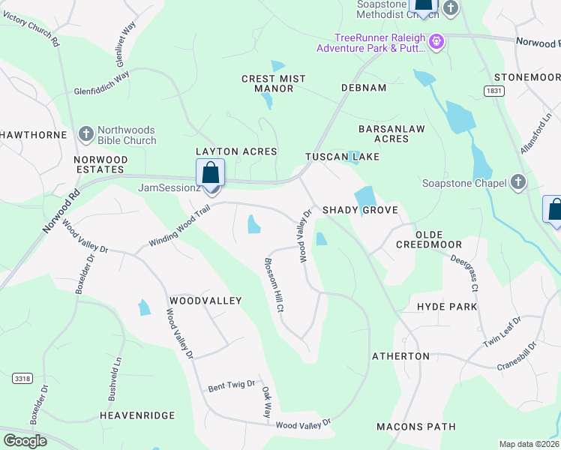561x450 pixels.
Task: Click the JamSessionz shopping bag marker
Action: pyautogui.click(x=211, y=173)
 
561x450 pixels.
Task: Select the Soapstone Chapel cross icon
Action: pyautogui.click(x=517, y=181)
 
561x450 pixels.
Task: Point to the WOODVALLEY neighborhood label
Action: pyautogui.click(x=205, y=301)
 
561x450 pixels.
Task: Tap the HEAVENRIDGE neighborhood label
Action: pyautogui.click(x=137, y=415)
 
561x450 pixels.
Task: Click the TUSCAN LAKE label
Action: pyautogui.click(x=342, y=157)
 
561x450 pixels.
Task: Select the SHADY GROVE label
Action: pyautogui.click(x=360, y=210)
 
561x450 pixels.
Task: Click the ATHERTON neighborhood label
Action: pyautogui.click(x=401, y=356)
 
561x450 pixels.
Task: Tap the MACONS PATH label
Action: pyautogui.click(x=416, y=427)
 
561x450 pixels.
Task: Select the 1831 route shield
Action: pyautogui.click(x=493, y=90)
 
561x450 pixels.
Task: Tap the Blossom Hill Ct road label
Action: pyautogui.click(x=273, y=285)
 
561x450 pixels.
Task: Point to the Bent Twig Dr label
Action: pyautogui.click(x=232, y=385)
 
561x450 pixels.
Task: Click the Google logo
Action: pyautogui.click(x=25, y=441)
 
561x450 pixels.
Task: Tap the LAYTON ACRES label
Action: pyautogui.click(x=236, y=151)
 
